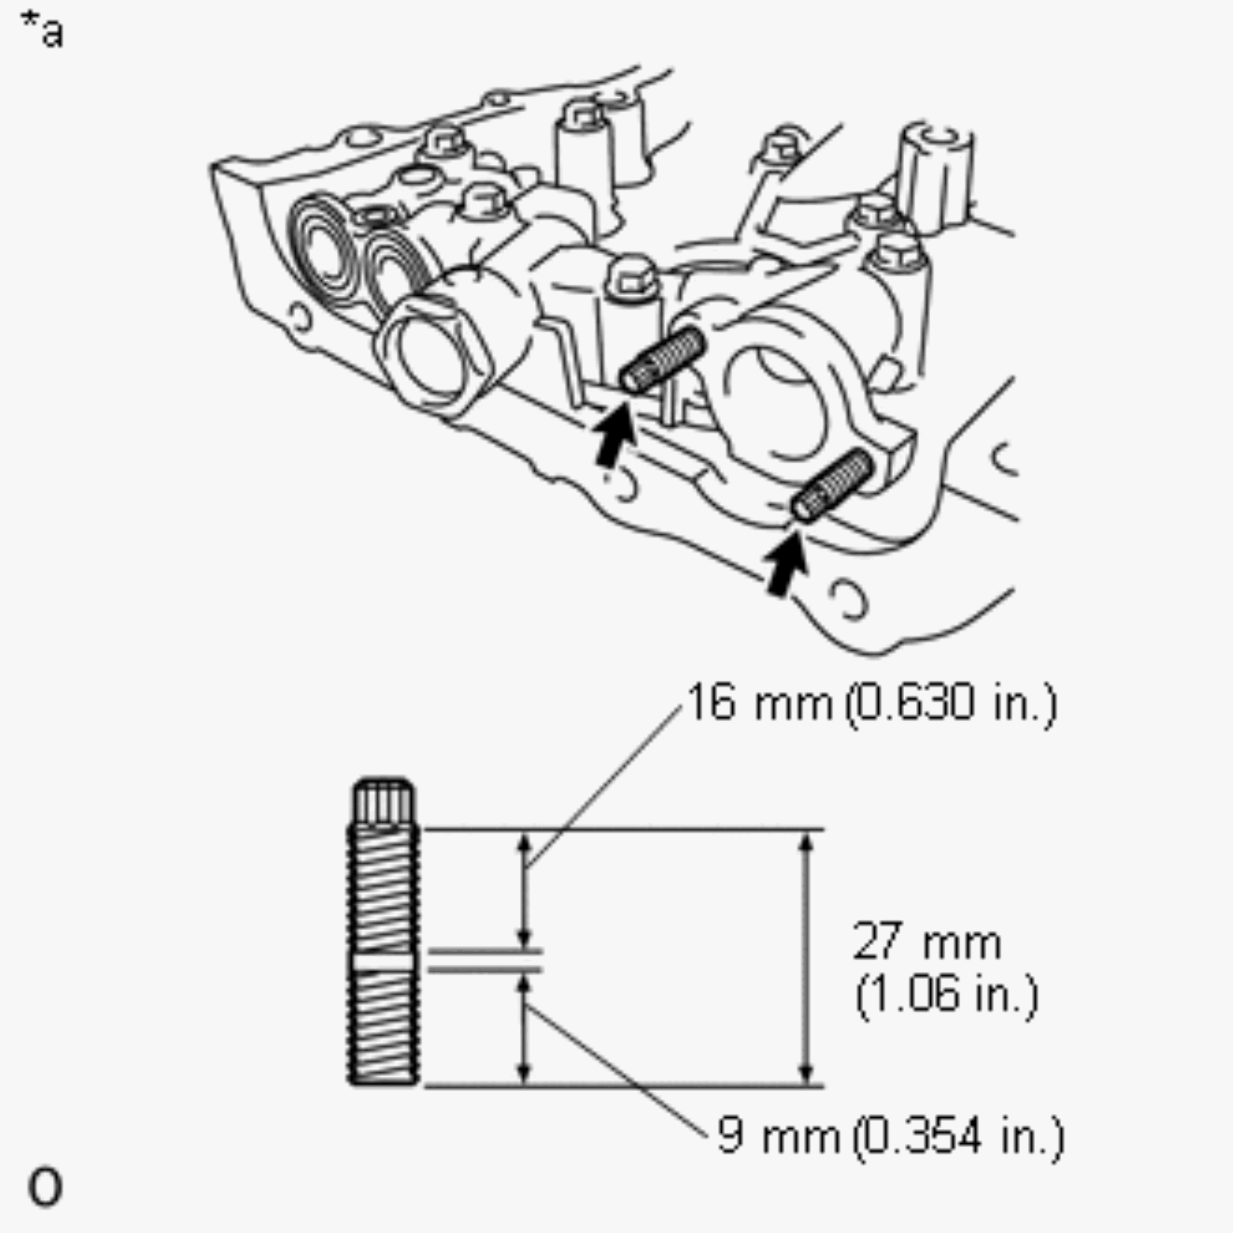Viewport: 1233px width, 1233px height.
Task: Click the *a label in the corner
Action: pos(42,30)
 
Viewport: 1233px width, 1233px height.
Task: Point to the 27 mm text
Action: pos(927,940)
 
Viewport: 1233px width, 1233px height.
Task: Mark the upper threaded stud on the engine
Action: pos(663,360)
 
